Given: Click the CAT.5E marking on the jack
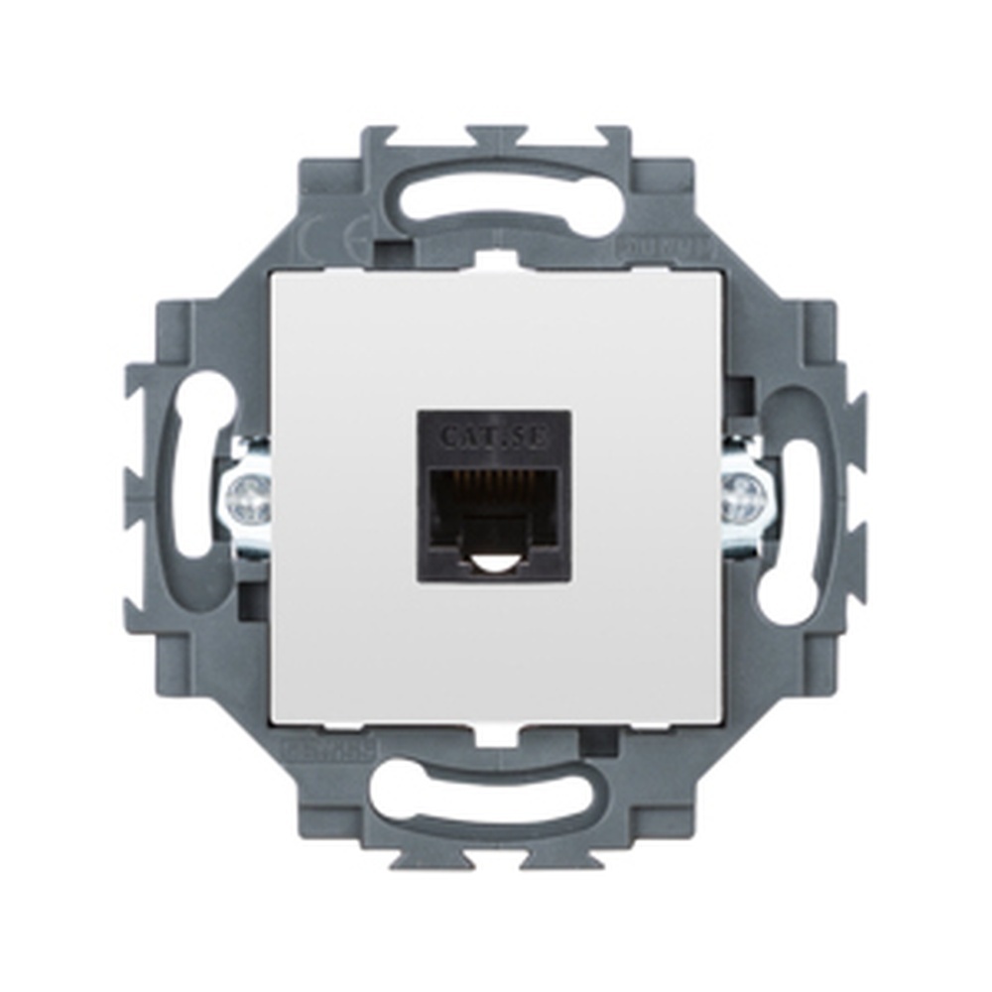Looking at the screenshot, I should pos(493,435).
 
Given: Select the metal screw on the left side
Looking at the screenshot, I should pos(247,496).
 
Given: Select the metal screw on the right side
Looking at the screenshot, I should pos(743,496).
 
